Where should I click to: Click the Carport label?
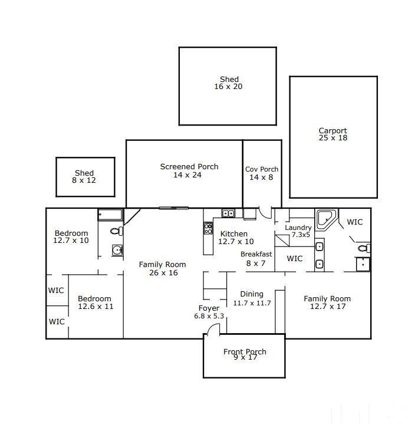point(332,134)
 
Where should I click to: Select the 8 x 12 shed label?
point(84,177)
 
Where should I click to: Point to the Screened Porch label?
point(189,170)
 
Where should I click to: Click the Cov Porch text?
point(262,173)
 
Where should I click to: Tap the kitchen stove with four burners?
point(207,228)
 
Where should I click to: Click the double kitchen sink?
point(228,213)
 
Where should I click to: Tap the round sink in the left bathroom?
point(118,251)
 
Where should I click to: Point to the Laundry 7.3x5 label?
point(298,231)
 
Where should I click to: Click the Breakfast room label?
point(256,258)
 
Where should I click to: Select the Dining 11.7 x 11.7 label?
point(252,298)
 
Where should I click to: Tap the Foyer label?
point(209,312)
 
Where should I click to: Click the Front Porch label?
point(244,354)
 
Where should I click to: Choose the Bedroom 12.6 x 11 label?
point(95,302)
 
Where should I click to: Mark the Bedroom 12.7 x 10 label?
point(71,237)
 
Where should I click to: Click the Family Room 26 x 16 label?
point(162,268)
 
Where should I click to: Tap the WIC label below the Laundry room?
point(294,258)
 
